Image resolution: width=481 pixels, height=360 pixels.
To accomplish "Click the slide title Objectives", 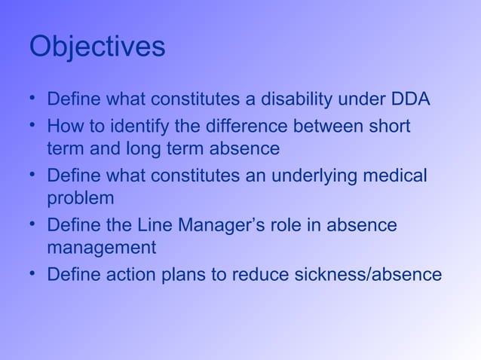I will (x=97, y=47).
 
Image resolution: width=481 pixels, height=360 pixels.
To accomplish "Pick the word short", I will (x=388, y=125).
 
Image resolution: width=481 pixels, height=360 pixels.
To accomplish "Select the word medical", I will (x=396, y=175).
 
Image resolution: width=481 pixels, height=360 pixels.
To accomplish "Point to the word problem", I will (x=81, y=199).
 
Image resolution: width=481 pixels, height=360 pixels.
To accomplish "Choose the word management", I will (x=101, y=249).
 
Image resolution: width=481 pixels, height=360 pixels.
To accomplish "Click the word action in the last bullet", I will (x=124, y=274).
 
